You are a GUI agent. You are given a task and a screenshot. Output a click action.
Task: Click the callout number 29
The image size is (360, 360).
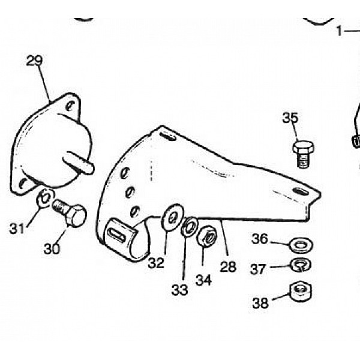[35, 61]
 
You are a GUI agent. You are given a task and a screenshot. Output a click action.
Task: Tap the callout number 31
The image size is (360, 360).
[17, 227]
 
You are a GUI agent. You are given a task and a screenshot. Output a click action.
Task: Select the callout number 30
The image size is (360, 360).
[52, 248]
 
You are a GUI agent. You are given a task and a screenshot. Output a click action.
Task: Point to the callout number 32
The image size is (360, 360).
[157, 262]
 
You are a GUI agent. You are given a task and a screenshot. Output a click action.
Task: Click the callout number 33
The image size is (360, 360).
[179, 290]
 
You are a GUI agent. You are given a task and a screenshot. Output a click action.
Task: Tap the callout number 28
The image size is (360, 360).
[228, 266]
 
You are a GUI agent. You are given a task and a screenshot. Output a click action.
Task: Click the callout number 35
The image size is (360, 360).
[290, 118]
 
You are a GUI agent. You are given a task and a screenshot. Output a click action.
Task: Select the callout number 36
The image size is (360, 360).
[260, 239]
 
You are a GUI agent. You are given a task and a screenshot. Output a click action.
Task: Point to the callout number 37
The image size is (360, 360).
[259, 269]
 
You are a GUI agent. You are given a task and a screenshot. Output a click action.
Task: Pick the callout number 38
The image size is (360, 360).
[260, 303]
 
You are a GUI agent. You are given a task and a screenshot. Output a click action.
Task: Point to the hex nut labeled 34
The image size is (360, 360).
[206, 235]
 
